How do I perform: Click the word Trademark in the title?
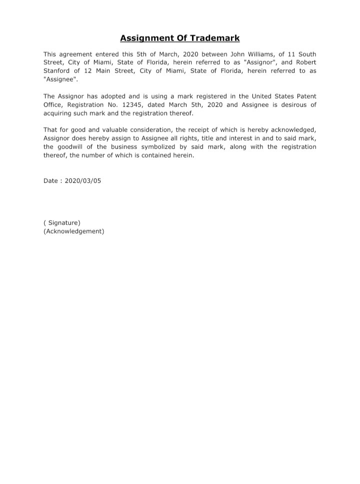pyautogui.click(x=214, y=38)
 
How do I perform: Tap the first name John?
pyautogui.click(x=239, y=53)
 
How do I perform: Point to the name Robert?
pyautogui.click(x=305, y=62)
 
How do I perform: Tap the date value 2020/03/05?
pyautogui.click(x=83, y=180)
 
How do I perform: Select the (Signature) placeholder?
pyautogui.click(x=62, y=223)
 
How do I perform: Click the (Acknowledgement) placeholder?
pyautogui.click(x=74, y=231)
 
